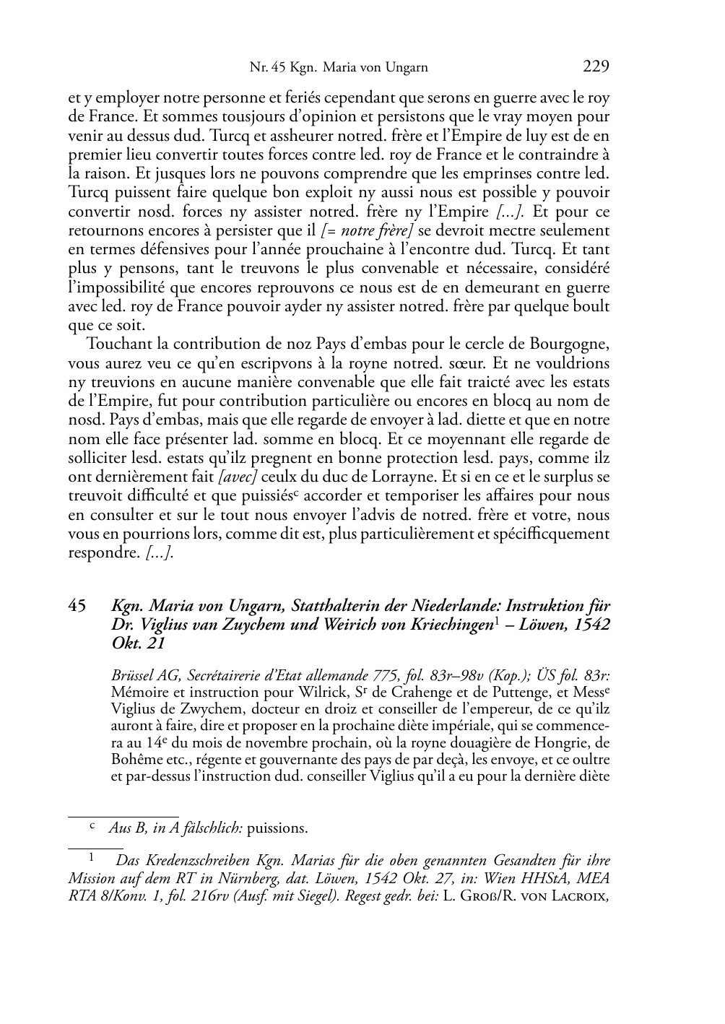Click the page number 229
[x=596, y=67]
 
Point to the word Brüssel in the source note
[x=132, y=676]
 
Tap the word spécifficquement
[x=541, y=534]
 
